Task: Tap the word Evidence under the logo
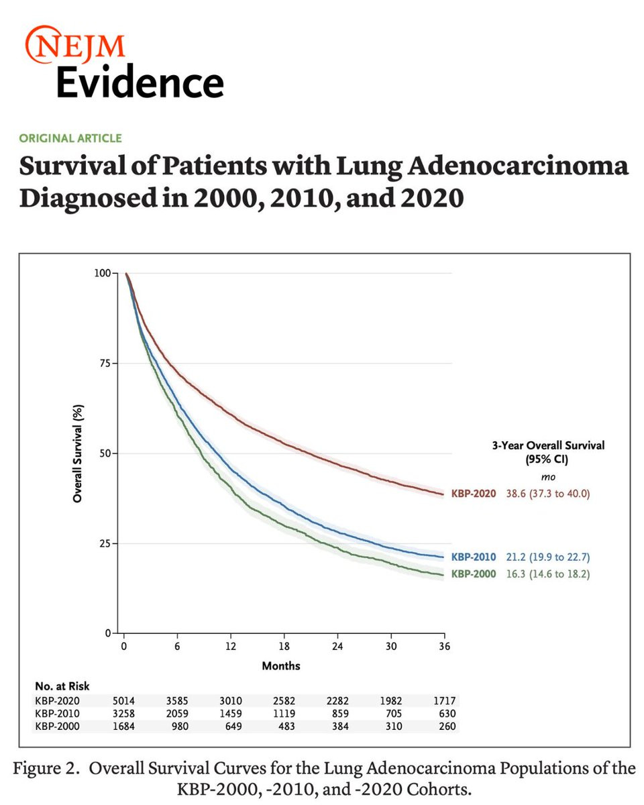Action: (x=140, y=82)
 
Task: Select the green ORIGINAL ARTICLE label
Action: (x=70, y=138)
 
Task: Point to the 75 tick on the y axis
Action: (x=106, y=363)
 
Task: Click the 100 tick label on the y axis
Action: (x=103, y=273)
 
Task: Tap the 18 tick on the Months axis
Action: (x=284, y=646)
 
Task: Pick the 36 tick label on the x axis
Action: (x=444, y=646)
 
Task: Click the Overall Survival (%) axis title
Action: (x=77, y=453)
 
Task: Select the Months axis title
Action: (x=281, y=666)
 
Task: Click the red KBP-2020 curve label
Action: (x=474, y=494)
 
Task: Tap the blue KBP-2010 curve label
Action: (x=474, y=557)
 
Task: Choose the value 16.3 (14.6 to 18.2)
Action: (x=548, y=574)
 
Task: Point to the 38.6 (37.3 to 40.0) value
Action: (x=548, y=494)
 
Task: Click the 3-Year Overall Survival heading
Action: (x=548, y=445)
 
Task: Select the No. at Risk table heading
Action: (x=62, y=686)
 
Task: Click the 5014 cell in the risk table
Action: (x=123, y=700)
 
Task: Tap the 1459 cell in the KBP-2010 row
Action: (x=231, y=713)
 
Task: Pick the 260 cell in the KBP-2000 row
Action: (x=447, y=726)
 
